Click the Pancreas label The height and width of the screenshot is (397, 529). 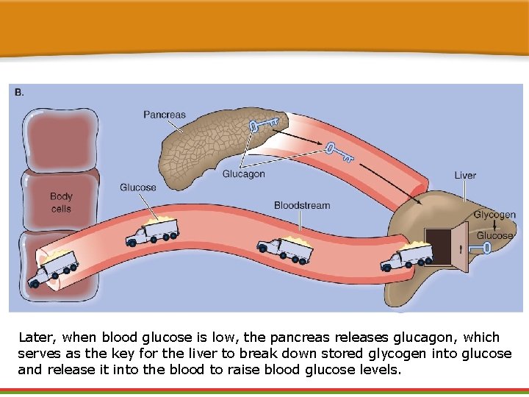(165, 115)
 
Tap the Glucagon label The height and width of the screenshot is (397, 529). (244, 174)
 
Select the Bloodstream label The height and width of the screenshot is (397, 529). (302, 205)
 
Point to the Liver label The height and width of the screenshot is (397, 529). (465, 175)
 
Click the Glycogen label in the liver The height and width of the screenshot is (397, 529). (494, 215)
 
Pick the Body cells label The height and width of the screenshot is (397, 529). (61, 202)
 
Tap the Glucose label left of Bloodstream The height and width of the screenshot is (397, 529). (138, 187)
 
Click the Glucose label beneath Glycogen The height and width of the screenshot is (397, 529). (495, 236)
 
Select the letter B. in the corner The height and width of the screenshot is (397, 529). (19, 92)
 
